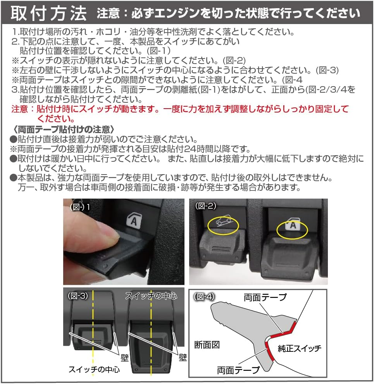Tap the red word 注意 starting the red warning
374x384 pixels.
[20, 109]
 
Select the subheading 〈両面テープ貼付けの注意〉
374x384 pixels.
[62, 129]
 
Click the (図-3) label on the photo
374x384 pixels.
[79, 296]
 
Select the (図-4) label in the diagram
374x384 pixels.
[204, 297]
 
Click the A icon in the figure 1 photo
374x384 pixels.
[133, 220]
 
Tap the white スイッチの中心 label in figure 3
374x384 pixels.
[151, 296]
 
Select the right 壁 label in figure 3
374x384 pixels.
[183, 357]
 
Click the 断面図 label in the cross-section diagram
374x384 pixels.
[207, 345]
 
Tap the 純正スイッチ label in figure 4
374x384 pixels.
[299, 348]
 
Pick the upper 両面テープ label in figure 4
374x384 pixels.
[265, 297]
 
